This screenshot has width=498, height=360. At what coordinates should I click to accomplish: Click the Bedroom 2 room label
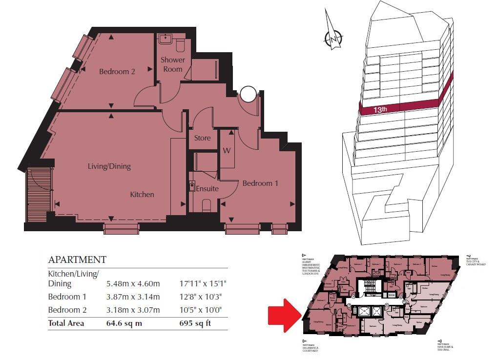pyautogui.click(x=117, y=72)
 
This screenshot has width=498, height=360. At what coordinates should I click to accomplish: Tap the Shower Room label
pyautogui.click(x=173, y=64)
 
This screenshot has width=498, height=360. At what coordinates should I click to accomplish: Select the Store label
pyautogui.click(x=202, y=138)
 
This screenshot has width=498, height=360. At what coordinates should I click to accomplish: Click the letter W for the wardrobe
pyautogui.click(x=227, y=150)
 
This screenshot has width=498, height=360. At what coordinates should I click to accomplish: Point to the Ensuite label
pyautogui.click(x=207, y=188)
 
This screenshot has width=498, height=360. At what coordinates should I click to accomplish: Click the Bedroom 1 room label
pyautogui.click(x=260, y=183)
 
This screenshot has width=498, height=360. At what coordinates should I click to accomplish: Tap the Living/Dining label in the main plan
pyautogui.click(x=109, y=166)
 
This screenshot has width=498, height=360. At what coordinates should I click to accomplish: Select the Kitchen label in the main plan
pyautogui.click(x=142, y=195)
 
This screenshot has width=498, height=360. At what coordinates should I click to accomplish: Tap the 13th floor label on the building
pyautogui.click(x=380, y=110)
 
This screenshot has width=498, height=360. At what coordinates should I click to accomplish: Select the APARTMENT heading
pyautogui.click(x=77, y=260)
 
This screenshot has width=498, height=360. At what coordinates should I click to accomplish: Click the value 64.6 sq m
pyautogui.click(x=124, y=323)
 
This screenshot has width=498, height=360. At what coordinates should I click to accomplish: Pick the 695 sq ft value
pyautogui.click(x=197, y=323)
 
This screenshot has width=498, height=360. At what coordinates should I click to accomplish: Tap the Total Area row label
pyautogui.click(x=66, y=323)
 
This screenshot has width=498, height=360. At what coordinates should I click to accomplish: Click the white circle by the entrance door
pyautogui.click(x=249, y=93)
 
